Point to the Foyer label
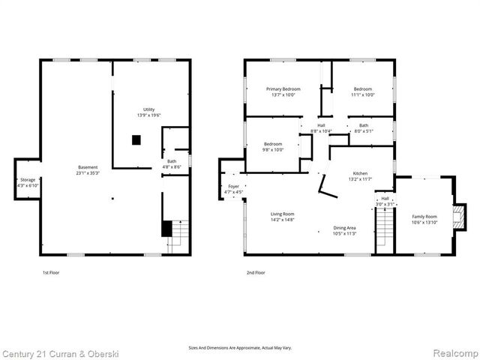(233, 188)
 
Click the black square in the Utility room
(136, 139)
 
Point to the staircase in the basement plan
(177, 236)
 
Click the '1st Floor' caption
(50, 273)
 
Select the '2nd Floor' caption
(255, 273)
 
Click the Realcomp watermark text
(451, 352)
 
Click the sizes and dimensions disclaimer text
(240, 348)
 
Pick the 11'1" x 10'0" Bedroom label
(362, 91)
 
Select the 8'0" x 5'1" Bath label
(363, 128)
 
